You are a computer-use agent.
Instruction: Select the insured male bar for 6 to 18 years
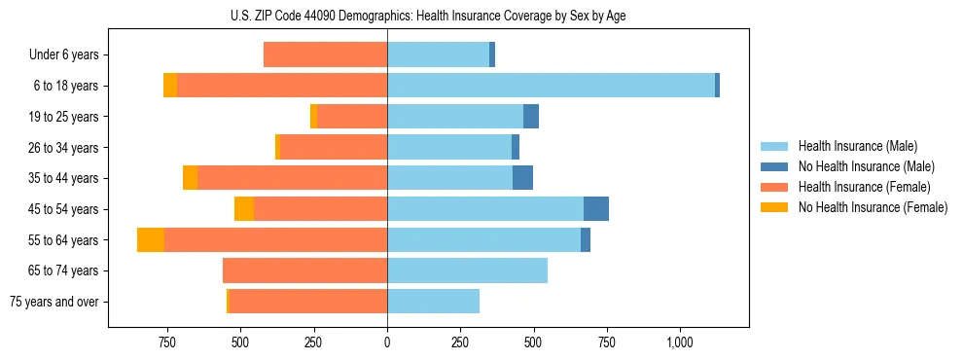551,86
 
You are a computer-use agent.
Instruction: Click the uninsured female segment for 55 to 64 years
151,240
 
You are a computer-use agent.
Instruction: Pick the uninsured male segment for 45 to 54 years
596,209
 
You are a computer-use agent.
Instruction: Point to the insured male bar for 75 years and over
433,302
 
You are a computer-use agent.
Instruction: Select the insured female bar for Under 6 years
325,55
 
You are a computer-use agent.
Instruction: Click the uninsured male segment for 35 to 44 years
522,178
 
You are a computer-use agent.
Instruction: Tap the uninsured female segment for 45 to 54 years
244,209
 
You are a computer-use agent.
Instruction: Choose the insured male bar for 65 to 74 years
467,270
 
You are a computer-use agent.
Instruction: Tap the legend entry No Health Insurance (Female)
872,207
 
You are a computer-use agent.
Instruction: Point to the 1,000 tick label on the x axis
679,342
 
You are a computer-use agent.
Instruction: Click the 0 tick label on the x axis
387,342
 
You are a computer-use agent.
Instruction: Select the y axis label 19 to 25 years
63,117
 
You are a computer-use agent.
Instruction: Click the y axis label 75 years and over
54,302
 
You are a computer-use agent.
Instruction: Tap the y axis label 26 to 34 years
63,148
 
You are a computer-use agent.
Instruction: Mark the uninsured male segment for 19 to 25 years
531,117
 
